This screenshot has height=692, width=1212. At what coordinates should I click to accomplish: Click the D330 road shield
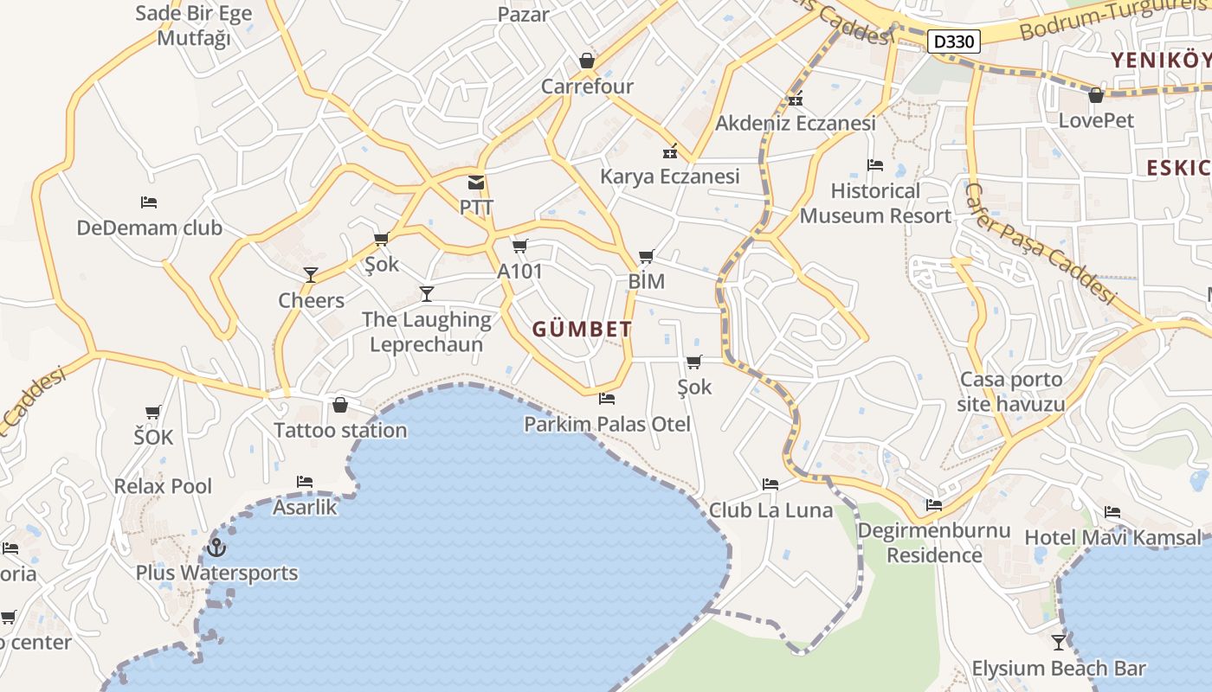coord(955,41)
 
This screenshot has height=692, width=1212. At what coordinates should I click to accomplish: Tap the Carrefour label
coord(587,86)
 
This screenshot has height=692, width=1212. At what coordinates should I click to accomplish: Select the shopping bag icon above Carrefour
coord(587,61)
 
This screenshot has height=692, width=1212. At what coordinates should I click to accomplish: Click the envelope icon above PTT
coord(476,183)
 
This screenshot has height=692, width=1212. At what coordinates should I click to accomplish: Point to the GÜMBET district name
coord(582,330)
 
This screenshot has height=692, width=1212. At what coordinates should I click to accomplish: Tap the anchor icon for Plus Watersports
coord(216,548)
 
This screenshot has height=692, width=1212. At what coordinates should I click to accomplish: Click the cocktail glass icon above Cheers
coord(311,275)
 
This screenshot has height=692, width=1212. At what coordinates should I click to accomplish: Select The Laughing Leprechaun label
coord(426,331)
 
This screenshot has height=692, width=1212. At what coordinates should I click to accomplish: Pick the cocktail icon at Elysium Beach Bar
coord(1059,642)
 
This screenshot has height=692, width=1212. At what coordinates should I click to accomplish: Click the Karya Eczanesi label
coord(670,176)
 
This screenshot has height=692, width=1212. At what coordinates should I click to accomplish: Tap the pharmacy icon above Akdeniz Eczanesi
coord(796,99)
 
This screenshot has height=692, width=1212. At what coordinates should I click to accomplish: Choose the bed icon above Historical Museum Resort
coord(875,165)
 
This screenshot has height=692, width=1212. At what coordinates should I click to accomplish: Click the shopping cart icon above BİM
coord(646,256)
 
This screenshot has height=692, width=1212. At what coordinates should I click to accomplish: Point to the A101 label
coord(519,272)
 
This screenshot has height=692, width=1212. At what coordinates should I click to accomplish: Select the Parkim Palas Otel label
coord(607,424)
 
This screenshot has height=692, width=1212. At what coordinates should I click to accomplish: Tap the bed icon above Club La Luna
coord(770,484)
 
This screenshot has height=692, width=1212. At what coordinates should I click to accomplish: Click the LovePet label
coord(1096,120)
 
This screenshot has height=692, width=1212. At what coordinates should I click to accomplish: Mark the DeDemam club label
coord(150,228)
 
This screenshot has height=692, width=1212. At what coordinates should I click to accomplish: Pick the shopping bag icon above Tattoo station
coord(340,405)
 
